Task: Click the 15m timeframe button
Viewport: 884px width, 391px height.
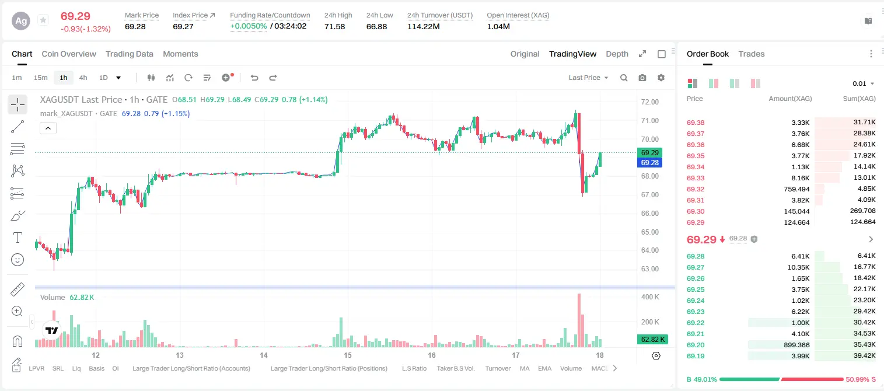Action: (40, 78)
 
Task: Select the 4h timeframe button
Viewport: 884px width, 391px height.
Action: (83, 78)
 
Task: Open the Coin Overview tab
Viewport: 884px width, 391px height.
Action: (69, 54)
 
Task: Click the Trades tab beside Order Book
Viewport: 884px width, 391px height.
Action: (752, 54)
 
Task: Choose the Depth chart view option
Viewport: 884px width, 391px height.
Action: (617, 54)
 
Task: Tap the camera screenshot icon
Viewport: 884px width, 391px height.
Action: (642, 78)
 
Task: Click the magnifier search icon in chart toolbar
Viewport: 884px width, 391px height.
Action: (624, 78)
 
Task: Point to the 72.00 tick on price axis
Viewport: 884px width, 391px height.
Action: (650, 102)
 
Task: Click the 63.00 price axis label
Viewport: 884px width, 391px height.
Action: (650, 268)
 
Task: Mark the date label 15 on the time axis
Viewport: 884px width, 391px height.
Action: (347, 355)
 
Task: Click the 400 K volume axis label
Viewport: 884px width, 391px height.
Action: (650, 296)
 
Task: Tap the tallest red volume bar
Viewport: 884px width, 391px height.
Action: (579, 320)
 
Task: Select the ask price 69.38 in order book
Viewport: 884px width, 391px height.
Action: (696, 123)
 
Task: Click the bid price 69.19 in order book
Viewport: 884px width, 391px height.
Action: (696, 356)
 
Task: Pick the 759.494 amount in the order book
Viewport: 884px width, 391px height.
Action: (796, 189)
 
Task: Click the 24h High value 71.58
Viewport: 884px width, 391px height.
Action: (335, 26)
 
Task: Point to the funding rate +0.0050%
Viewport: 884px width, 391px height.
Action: (249, 26)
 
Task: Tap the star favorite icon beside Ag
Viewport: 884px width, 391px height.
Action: (43, 20)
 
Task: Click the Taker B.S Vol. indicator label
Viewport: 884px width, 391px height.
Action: (455, 368)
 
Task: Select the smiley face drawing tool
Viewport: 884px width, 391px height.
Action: (18, 260)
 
